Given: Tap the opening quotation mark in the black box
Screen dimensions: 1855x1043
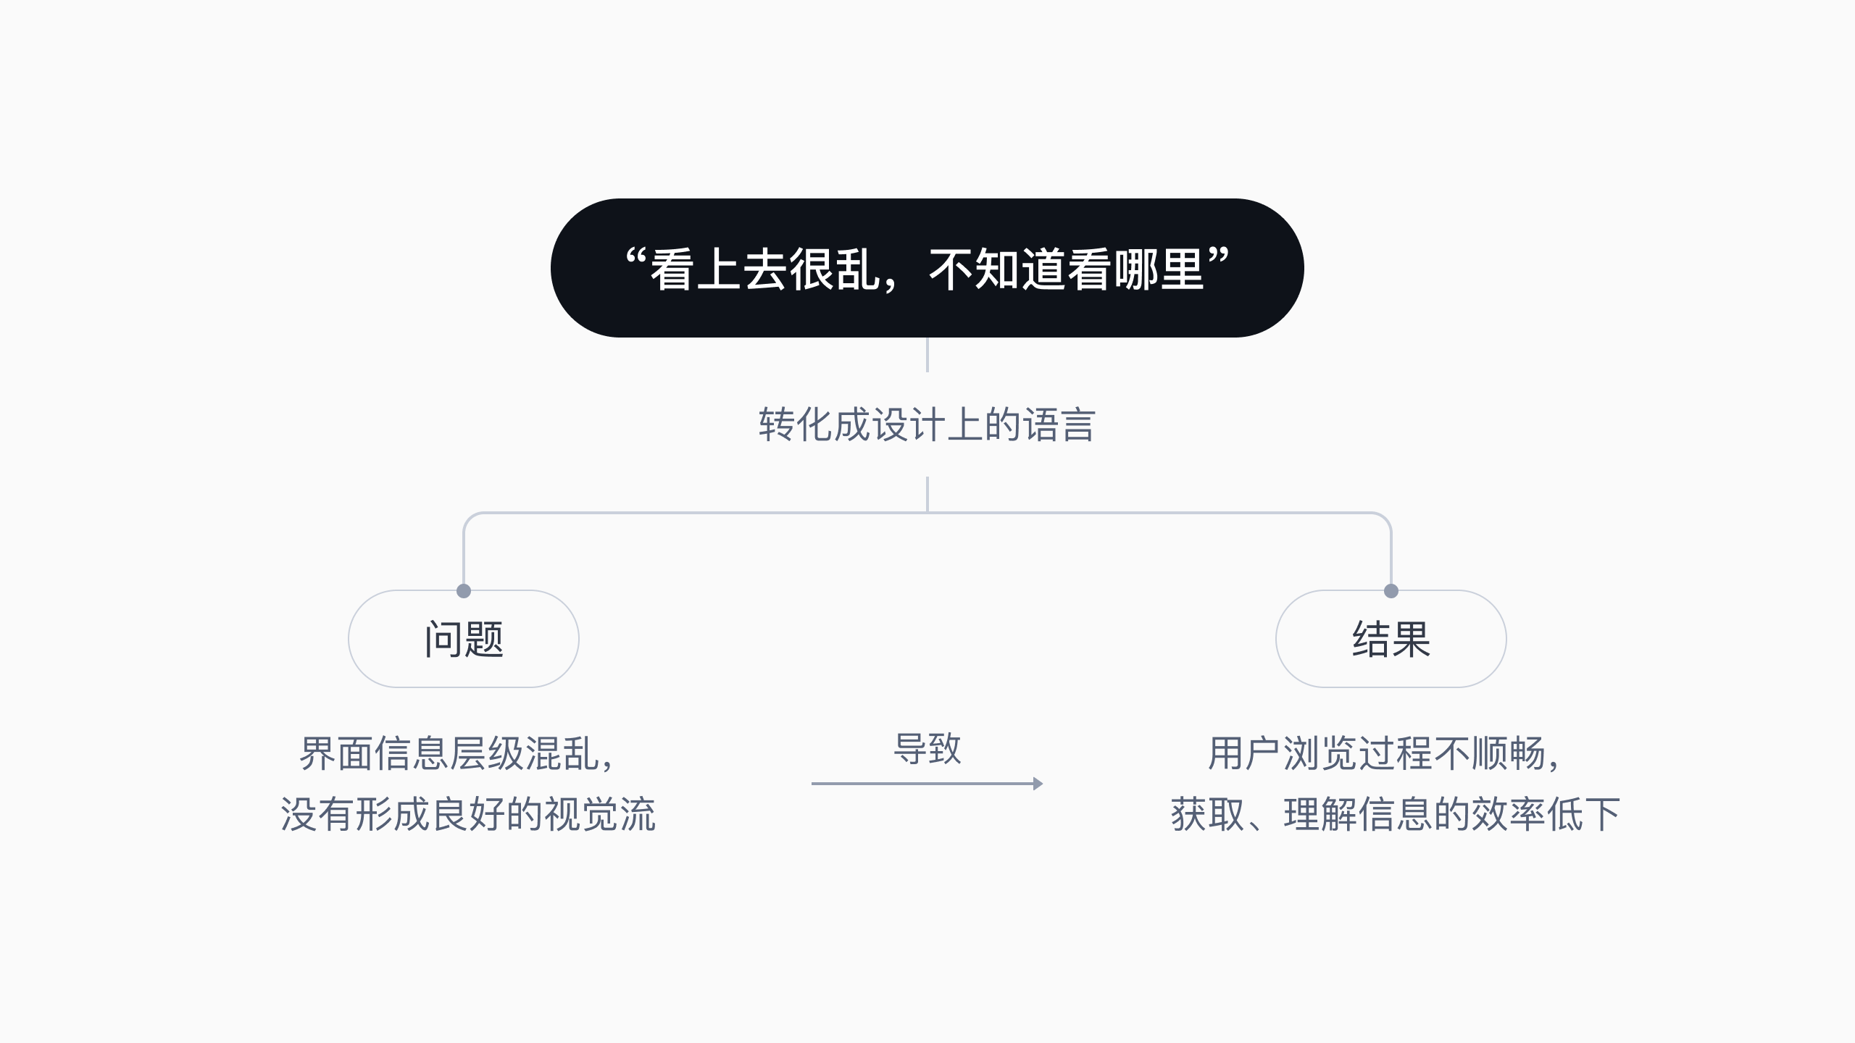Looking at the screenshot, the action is coord(635,258).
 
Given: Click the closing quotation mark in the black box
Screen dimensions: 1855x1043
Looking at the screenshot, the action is coord(1219,257).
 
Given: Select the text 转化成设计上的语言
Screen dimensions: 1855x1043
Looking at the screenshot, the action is coord(927,424).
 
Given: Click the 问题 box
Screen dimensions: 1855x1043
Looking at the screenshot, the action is coord(464,639).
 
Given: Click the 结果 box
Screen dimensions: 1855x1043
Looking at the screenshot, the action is coord(1391,639).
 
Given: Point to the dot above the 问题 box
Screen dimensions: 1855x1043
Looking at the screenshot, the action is coord(464,591).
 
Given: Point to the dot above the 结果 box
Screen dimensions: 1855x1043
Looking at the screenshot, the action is coord(1391,591).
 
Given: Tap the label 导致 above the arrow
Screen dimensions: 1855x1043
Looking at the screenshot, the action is coord(927,749).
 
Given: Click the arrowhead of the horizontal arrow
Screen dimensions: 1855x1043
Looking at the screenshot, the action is coord(1038,784).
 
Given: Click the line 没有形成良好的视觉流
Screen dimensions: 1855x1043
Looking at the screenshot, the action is coord(468,814).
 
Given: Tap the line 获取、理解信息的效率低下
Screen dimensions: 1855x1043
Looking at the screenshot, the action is coord(1395,814).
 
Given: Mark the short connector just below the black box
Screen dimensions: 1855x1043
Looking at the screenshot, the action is coord(927,355).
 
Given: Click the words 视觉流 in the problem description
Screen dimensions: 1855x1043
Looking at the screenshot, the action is coord(600,814).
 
